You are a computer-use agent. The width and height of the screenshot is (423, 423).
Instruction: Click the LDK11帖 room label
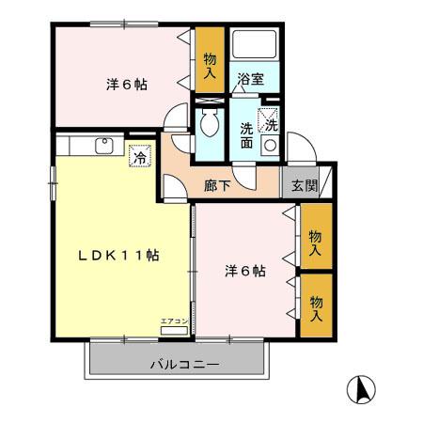[x=117, y=256]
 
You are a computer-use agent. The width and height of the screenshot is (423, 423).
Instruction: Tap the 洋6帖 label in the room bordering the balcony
[x=243, y=272]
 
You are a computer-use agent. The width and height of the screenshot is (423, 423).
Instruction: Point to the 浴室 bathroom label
[x=250, y=79]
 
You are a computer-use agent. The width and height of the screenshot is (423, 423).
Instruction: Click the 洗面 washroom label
[x=246, y=135]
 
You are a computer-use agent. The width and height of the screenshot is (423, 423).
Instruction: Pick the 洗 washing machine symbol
[x=271, y=123]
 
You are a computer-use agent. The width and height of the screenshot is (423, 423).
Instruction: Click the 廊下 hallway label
[x=217, y=185]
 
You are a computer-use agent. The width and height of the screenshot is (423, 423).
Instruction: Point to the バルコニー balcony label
[x=184, y=364]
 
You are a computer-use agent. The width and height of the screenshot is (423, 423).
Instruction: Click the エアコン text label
[x=174, y=321]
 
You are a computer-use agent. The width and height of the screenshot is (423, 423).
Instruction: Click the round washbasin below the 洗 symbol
[x=270, y=145]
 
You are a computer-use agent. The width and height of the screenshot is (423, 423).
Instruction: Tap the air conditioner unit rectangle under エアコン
[x=174, y=332]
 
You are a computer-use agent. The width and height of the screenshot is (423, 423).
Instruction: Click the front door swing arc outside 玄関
[x=303, y=150]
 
